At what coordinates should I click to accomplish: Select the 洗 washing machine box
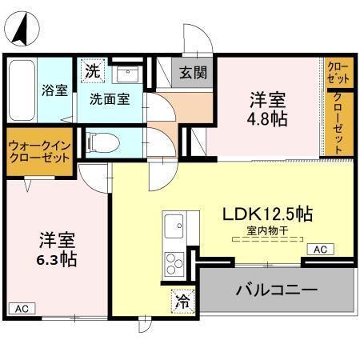(93, 70)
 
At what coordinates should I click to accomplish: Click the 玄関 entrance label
(193, 73)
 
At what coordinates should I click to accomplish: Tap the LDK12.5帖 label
(267, 214)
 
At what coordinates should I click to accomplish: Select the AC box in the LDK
(319, 250)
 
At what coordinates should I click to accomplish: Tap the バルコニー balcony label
(276, 288)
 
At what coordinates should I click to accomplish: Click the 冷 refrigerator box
(182, 302)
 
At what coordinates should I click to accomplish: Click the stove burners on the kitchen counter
(174, 262)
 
